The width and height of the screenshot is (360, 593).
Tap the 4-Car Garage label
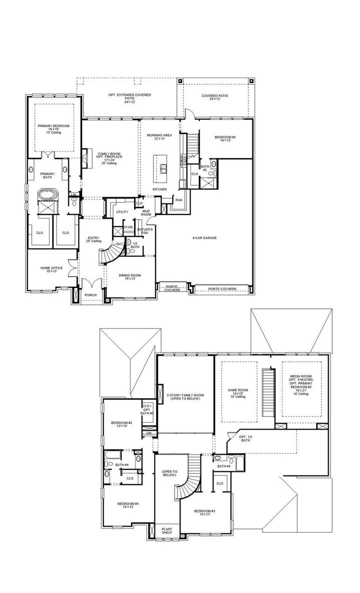(x=205, y=238)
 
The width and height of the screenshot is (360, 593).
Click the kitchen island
(x=163, y=169)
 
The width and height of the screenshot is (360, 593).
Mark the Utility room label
(x=122, y=212)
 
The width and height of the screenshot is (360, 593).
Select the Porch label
(x=90, y=295)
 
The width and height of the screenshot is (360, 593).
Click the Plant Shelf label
(x=166, y=530)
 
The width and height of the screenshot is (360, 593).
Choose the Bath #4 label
(x=122, y=464)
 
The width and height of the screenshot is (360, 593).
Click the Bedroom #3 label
(x=205, y=512)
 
